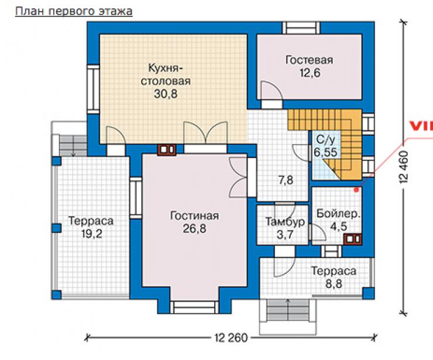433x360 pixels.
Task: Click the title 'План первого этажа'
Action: coord(74,12)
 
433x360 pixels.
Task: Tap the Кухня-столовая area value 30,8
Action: coord(166,94)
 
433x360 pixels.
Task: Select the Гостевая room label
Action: coord(310,60)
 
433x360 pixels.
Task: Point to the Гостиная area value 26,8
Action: coord(194,229)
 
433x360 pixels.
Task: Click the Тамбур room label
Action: coord(285,222)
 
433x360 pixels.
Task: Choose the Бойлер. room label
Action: coord(338,214)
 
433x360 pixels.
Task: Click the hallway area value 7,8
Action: coord(286,180)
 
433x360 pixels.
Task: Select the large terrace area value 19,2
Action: coord(92,234)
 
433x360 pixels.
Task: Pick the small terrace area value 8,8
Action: coord(334,284)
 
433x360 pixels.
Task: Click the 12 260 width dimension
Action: coord(231,338)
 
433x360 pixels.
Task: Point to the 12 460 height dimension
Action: coord(404,167)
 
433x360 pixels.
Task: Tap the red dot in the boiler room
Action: coord(356,190)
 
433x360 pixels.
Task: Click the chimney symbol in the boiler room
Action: coord(353,239)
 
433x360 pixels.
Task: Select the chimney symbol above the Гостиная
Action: coord(167,150)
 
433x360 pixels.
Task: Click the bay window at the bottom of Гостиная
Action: coord(195,307)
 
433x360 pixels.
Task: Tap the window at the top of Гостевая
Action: coord(301,28)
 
